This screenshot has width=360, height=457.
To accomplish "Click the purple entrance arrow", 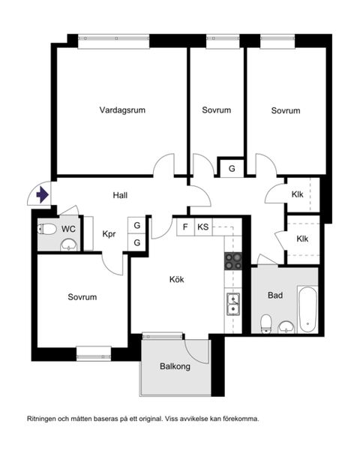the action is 43,194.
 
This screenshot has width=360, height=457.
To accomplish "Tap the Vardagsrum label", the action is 122,110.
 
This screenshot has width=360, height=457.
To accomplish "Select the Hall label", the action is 120,195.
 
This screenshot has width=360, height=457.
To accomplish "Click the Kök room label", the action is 176,279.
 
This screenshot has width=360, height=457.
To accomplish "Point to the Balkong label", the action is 175,366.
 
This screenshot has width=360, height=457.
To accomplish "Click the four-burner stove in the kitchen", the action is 233,261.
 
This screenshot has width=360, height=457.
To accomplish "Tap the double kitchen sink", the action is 233,304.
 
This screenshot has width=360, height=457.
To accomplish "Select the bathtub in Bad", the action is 307,309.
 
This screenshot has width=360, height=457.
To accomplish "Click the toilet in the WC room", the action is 47,229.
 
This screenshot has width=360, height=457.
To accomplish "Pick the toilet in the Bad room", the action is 266,324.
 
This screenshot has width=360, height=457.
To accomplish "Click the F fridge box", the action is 185,227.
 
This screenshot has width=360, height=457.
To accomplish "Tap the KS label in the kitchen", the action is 203,227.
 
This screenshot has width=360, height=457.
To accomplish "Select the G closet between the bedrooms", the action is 232,168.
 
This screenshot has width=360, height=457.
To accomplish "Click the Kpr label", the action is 109,234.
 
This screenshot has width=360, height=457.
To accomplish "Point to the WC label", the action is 68,229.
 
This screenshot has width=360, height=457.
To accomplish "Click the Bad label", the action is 275,296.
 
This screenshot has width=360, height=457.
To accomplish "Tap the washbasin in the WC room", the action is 69,245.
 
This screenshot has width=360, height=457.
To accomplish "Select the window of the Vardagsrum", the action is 114,41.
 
